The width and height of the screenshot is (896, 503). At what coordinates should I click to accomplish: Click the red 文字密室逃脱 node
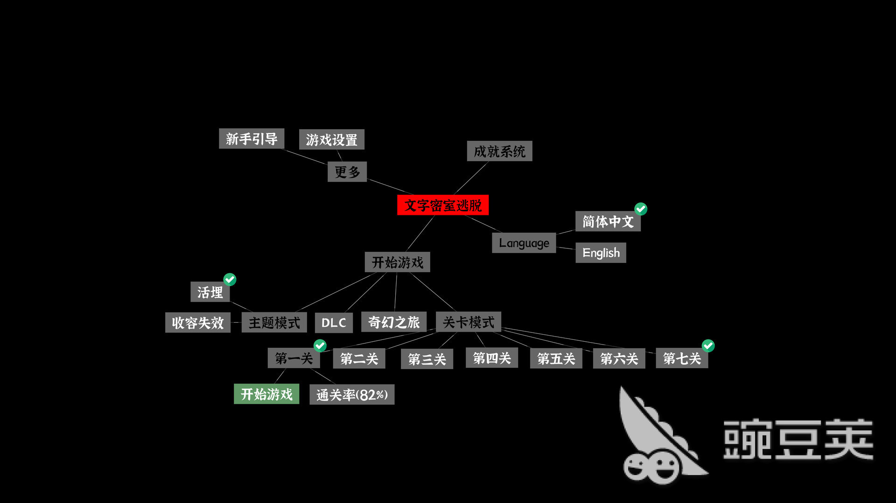(x=443, y=205)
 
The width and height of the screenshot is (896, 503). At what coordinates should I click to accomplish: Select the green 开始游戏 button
(x=266, y=394)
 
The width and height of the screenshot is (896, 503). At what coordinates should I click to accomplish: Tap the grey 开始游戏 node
(x=397, y=262)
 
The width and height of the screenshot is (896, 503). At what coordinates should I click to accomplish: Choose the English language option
(x=601, y=253)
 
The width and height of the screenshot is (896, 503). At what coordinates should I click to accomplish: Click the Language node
(x=524, y=243)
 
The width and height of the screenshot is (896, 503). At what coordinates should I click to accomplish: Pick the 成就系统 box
(x=499, y=151)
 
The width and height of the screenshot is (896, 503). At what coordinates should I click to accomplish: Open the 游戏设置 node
(x=331, y=139)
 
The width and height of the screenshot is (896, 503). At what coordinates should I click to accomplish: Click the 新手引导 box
(x=252, y=138)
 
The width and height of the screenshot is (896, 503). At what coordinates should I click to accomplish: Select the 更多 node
(x=347, y=172)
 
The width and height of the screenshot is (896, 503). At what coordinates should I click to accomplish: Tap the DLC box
(x=334, y=322)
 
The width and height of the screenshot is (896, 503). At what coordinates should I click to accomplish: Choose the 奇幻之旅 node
(x=394, y=322)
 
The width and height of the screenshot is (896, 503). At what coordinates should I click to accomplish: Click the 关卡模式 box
(x=469, y=322)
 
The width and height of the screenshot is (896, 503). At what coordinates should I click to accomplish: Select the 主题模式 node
(x=274, y=322)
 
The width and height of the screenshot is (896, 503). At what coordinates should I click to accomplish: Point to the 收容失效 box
(x=198, y=322)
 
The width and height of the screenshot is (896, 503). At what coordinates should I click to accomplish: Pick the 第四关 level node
(x=492, y=358)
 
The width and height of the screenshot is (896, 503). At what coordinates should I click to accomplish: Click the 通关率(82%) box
(x=352, y=394)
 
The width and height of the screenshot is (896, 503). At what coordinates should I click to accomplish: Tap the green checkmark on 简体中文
(x=641, y=209)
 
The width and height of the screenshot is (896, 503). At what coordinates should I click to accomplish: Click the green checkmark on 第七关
(x=708, y=345)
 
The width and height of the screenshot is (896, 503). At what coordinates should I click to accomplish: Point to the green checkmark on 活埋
(x=230, y=279)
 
